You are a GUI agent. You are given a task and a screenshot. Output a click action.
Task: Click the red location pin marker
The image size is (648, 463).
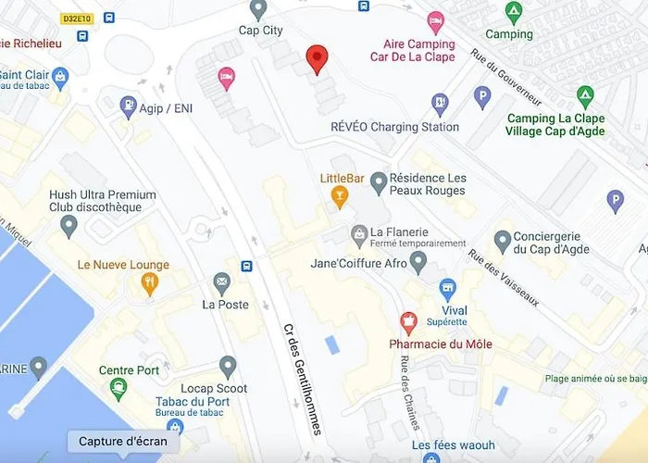point(317,56)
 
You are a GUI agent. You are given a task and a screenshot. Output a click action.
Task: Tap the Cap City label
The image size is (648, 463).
point(260,31)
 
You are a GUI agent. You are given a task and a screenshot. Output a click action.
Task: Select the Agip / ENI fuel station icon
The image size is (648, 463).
point(129,107)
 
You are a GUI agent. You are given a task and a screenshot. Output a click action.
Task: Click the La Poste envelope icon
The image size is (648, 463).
point(221,282)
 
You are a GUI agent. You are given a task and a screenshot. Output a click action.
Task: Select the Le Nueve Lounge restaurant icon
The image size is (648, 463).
point(149,285)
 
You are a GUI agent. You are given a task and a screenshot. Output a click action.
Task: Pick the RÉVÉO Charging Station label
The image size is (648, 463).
point(394,127)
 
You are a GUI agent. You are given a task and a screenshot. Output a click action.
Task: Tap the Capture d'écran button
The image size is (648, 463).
point(122,441)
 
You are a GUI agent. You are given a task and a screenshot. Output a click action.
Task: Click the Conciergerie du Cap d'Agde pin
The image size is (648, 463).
point(503,242)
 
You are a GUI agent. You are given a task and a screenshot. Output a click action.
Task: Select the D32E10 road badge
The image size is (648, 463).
point(76,18)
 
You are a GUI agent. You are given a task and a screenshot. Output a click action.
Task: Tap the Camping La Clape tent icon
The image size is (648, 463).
point(584,96)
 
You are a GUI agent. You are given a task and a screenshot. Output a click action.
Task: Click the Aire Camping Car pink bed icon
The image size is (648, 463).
point(436,22)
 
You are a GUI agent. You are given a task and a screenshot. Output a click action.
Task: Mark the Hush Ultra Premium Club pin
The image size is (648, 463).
point(69,225)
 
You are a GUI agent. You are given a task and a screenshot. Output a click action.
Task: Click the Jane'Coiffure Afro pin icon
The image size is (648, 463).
point(418,263)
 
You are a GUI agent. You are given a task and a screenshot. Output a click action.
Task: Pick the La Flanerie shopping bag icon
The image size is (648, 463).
point(358,235)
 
